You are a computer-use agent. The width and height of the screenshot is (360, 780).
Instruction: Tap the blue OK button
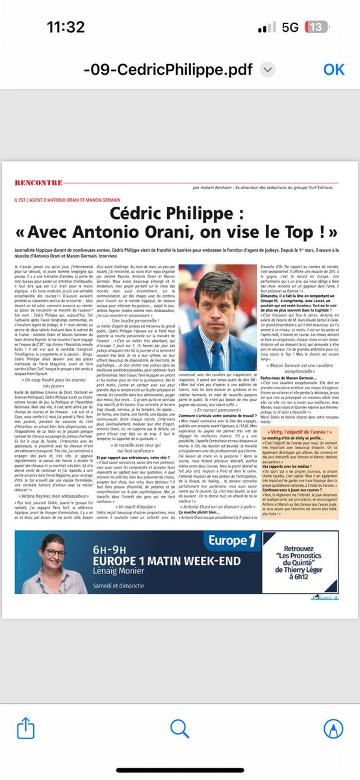[x=334, y=70]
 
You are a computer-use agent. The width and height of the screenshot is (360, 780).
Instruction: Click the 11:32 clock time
[x=66, y=27]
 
